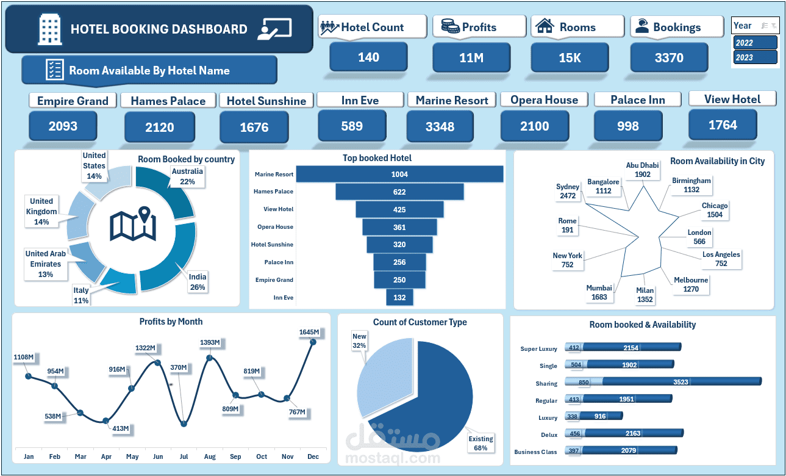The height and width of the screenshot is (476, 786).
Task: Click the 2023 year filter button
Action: coord(756,57)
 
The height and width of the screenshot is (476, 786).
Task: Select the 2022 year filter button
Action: coord(756,43)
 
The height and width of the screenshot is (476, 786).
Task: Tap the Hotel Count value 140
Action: coord(368,57)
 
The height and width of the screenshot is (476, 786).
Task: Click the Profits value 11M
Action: coord(471,58)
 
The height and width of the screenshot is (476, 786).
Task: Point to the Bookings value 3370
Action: coord(669,58)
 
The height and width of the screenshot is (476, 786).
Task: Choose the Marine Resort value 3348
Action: coord(440,126)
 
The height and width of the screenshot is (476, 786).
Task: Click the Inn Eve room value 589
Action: coord(352,126)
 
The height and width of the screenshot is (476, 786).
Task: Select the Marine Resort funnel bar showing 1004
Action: coord(400,174)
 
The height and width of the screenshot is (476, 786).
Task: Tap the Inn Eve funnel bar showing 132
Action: coord(400,297)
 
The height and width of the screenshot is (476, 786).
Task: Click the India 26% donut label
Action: coord(197,282)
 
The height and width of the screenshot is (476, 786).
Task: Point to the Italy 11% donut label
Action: coord(81,295)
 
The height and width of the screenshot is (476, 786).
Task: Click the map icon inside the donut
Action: coord(133,224)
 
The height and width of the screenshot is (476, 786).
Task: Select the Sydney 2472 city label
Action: coord(568,191)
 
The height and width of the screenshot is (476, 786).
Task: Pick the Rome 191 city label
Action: coord(567,225)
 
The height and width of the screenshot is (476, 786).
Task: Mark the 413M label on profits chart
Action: coord(121,428)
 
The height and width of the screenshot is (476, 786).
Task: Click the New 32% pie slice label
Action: coord(359,341)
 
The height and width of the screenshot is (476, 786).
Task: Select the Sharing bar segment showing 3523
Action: coord(681,382)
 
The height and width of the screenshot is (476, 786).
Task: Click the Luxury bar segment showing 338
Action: coord(573,416)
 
